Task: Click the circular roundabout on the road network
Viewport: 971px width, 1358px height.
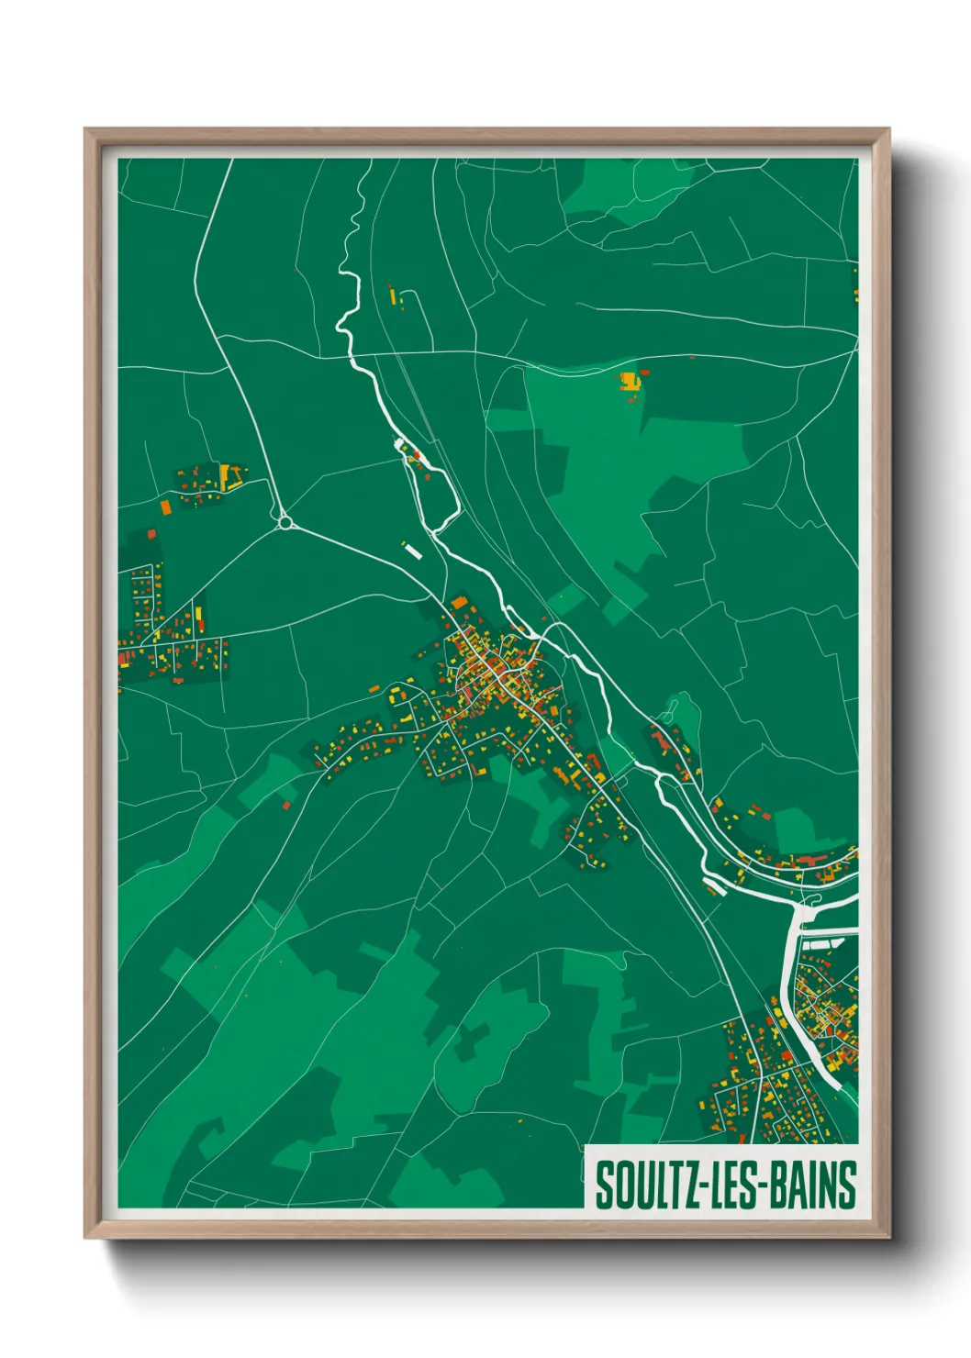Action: pyautogui.click(x=285, y=522)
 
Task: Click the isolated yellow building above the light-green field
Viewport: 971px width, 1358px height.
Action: pyautogui.click(x=629, y=379)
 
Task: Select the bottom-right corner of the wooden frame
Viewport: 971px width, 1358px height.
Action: pyautogui.click(x=888, y=1238)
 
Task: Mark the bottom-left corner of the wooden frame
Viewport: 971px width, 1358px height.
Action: pyautogui.click(x=86, y=1238)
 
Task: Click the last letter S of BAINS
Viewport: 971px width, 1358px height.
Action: pyautogui.click(x=848, y=1185)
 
